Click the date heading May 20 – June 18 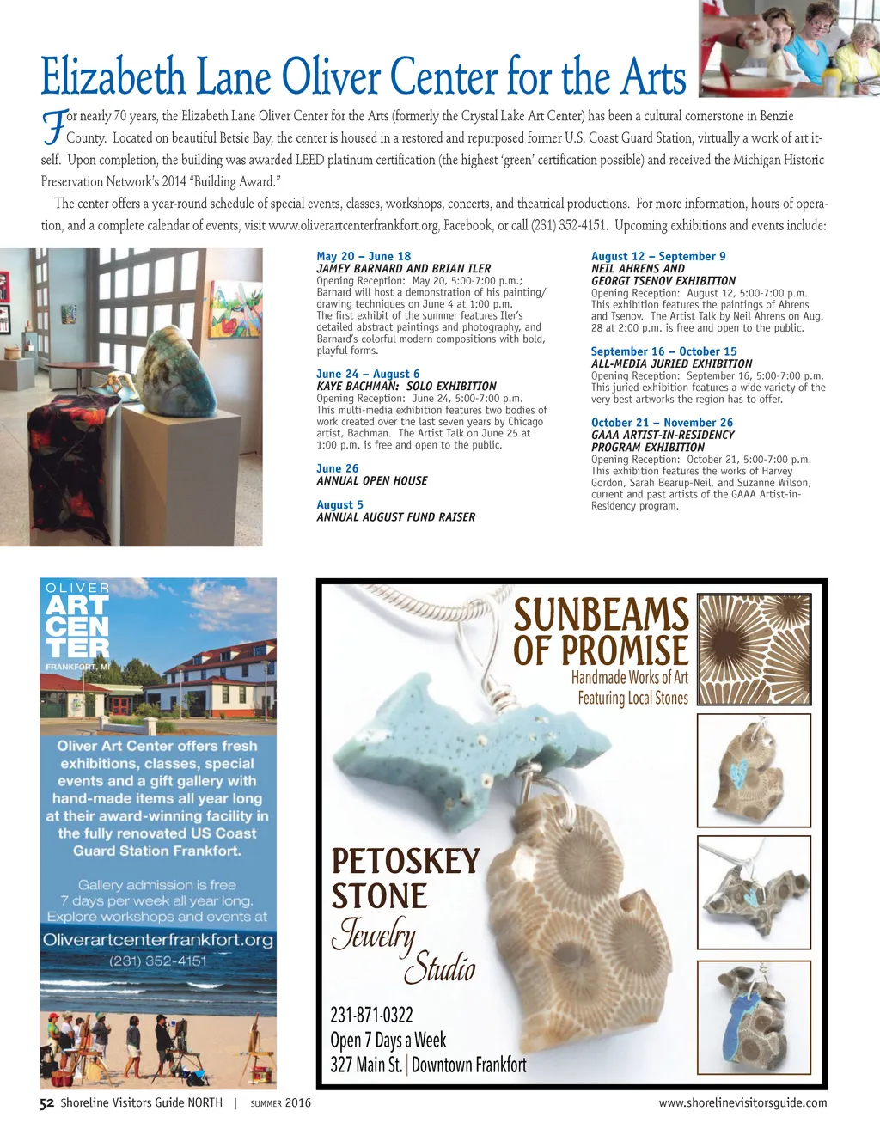coord(364,256)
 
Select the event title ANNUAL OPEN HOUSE coord(371,481)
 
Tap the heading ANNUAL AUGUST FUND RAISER coord(395,517)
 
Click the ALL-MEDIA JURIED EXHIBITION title coord(671,363)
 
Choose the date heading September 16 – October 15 coord(663,351)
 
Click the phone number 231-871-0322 coord(371,1016)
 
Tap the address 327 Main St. coord(366,1065)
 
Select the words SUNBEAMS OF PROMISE coord(601,632)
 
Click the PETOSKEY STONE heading coord(405,878)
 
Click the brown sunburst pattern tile coord(754,649)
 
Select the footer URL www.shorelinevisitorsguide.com coord(742,1103)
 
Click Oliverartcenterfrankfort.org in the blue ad coord(158,939)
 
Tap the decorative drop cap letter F coord(53,126)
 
